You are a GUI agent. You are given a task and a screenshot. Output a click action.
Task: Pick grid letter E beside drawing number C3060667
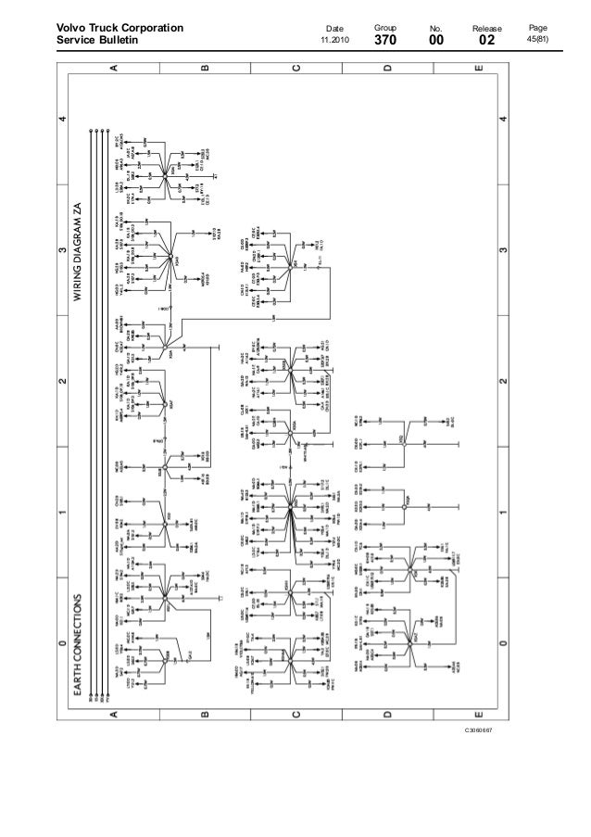(477, 715)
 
